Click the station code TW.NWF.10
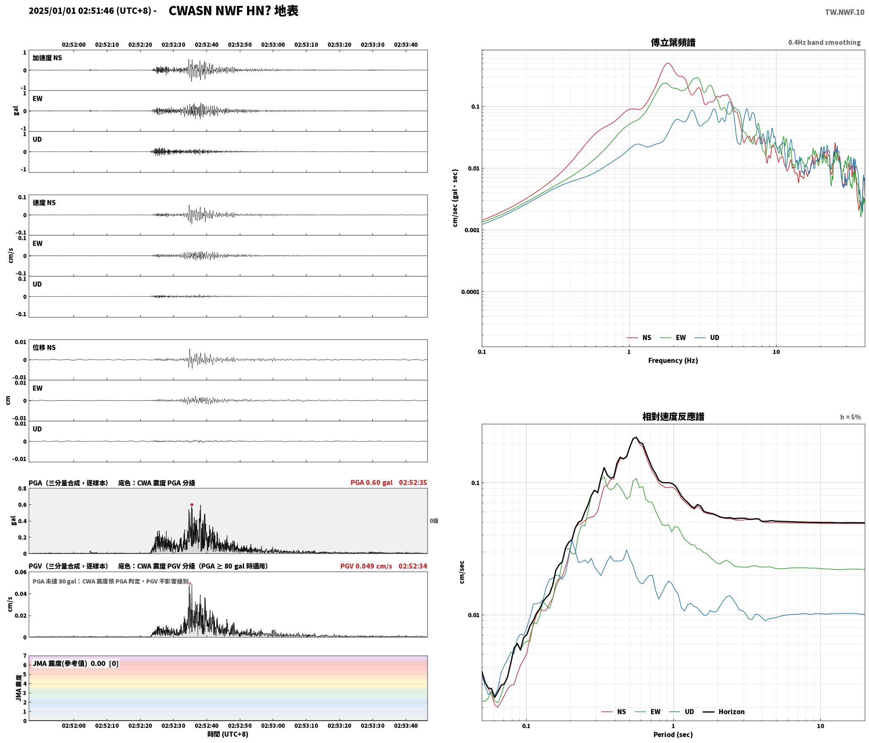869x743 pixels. tap(845, 12)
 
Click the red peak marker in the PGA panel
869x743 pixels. tap(192, 504)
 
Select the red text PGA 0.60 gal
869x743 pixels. tap(371, 483)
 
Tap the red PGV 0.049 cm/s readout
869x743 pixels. tap(366, 566)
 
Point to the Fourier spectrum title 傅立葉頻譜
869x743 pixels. tap(673, 43)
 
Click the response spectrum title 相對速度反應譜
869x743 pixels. tap(673, 417)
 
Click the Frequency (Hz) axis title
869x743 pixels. tap(673, 361)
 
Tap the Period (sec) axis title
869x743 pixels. tap(673, 735)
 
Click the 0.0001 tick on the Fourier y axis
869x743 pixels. tap(469, 292)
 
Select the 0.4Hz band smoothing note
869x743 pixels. tap(824, 43)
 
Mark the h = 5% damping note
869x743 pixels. tap(850, 417)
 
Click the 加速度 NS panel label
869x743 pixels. tap(47, 58)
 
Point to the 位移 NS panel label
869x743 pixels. tap(44, 347)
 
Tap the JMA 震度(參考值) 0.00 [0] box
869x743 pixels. tap(76, 664)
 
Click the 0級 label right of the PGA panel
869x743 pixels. tap(434, 521)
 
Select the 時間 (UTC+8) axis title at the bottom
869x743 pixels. tap(228, 734)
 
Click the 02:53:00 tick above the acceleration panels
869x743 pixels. tap(273, 45)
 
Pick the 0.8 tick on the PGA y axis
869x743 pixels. tap(22, 489)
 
